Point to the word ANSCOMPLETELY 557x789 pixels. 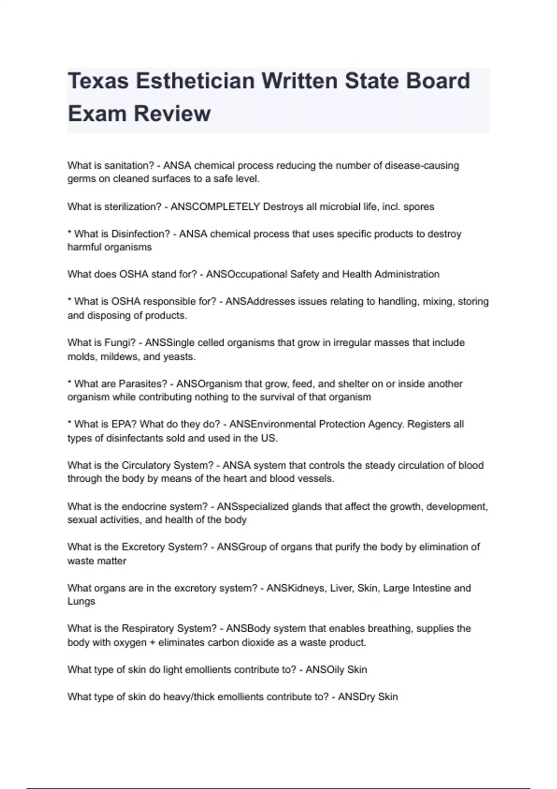(x=215, y=207)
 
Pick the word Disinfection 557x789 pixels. (x=141, y=234)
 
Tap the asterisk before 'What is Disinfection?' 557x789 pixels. (x=70, y=233)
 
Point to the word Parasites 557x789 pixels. (x=142, y=384)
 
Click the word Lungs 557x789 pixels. (x=81, y=601)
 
